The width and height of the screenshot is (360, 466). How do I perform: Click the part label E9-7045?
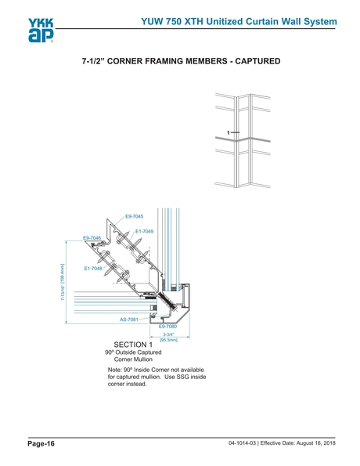134,215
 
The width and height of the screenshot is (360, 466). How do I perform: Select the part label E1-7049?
144,231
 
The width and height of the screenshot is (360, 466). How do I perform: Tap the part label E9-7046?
92,237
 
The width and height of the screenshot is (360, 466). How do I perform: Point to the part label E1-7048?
92,269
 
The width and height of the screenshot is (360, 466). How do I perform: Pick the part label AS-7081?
128,320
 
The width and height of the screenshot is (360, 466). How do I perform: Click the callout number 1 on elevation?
228,132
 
